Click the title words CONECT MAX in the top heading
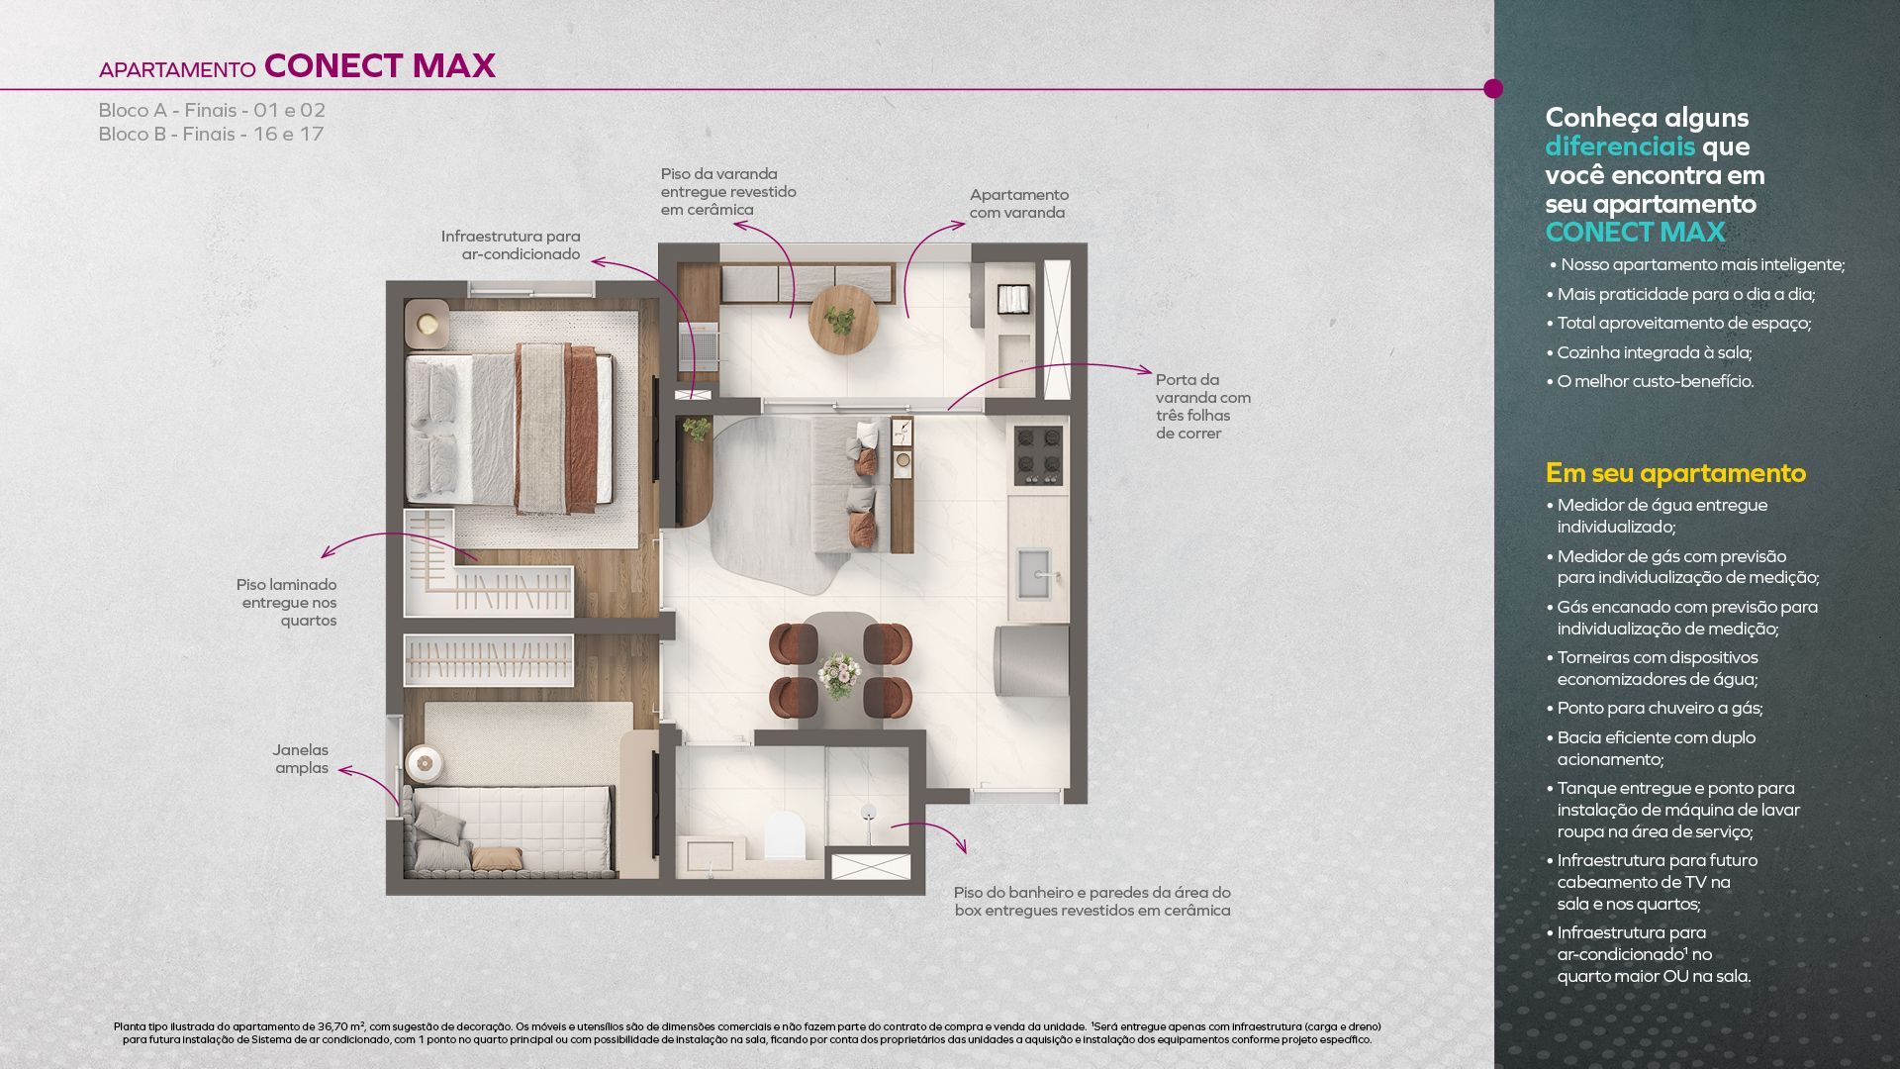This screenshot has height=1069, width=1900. point(380,65)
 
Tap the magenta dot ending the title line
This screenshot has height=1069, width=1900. point(1493,89)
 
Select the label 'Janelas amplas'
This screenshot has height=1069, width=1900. point(302,759)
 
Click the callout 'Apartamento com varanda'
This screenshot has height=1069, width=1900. point(1018,204)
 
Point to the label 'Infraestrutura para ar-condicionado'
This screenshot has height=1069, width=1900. point(511,245)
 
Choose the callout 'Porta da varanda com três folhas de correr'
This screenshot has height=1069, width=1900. point(1203,407)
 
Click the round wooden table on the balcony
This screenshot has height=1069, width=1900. point(843,319)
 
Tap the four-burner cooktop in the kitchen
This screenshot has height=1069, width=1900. point(1038,456)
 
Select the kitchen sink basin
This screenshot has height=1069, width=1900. point(1035,574)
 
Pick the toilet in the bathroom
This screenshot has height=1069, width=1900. point(786,834)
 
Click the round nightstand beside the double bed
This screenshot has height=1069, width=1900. point(427,323)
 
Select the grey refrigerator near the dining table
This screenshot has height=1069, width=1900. point(1033,660)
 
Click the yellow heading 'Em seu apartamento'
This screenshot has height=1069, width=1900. point(1675,473)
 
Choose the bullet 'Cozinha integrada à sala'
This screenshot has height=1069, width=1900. point(1649,352)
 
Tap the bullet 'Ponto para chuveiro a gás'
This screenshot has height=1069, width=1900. point(1655,708)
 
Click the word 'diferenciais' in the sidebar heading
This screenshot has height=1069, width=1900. point(1620,146)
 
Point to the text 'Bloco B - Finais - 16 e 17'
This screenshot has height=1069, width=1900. point(211,134)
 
